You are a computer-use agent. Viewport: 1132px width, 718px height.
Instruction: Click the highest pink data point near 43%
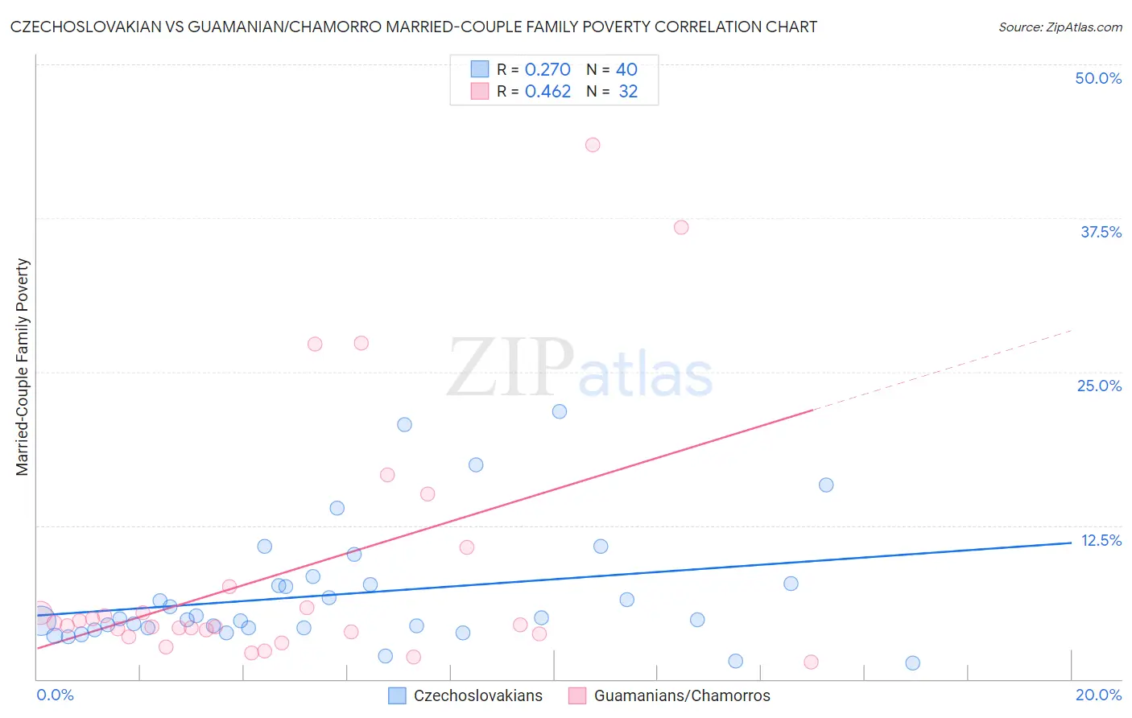[593, 145]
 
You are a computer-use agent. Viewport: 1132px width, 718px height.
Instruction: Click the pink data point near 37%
[681, 227]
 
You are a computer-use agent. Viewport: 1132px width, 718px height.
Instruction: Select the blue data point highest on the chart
[560, 411]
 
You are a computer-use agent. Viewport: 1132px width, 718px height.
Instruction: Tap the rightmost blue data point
[912, 663]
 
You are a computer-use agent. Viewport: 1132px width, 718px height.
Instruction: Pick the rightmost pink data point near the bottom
[811, 662]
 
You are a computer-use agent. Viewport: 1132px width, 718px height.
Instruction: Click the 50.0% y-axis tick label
[1098, 78]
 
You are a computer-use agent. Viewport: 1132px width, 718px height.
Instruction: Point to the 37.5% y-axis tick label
[1101, 232]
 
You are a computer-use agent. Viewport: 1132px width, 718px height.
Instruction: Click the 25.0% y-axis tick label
[1099, 386]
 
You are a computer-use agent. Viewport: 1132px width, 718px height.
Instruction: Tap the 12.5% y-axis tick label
[1101, 540]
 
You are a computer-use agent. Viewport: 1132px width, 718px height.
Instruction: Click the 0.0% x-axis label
[56, 695]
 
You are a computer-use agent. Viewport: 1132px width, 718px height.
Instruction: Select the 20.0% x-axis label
[1098, 695]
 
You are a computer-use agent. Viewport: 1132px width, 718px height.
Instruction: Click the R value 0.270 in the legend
[547, 70]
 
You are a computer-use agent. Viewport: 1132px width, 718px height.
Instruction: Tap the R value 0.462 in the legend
[547, 92]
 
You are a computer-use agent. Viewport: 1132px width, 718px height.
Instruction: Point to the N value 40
[626, 70]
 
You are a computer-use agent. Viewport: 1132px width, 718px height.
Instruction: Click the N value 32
[628, 92]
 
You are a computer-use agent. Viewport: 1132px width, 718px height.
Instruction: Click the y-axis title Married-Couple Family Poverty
[23, 367]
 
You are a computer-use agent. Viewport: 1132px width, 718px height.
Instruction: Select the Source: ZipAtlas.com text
[1060, 27]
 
